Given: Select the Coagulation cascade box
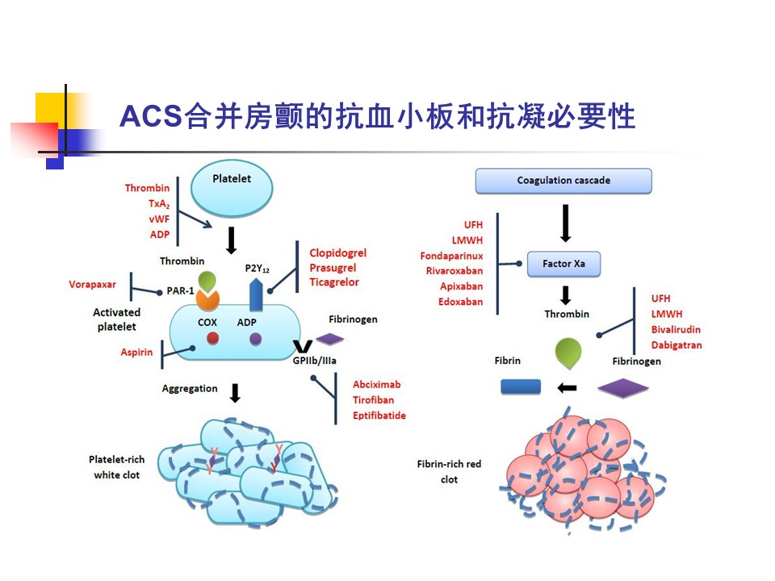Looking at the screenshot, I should (563, 181).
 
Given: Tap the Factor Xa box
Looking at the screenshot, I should (563, 264).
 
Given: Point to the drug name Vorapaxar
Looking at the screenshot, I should (92, 285).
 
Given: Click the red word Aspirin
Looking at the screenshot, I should (136, 353).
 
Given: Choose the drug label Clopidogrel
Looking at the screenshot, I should (337, 253).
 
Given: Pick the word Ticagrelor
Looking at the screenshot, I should (334, 282).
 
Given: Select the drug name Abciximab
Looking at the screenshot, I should (376, 385).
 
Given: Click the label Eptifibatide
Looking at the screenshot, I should (379, 416).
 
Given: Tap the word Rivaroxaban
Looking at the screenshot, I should (455, 271).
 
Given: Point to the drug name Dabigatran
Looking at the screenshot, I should (677, 345).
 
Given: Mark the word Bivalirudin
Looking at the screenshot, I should (676, 329).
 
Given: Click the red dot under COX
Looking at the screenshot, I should (212, 340).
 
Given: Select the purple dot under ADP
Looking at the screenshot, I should (256, 340).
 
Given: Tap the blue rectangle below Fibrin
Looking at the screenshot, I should (521, 387).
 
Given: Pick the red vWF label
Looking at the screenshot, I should (159, 219).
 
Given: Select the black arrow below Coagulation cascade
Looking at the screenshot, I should (565, 223).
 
